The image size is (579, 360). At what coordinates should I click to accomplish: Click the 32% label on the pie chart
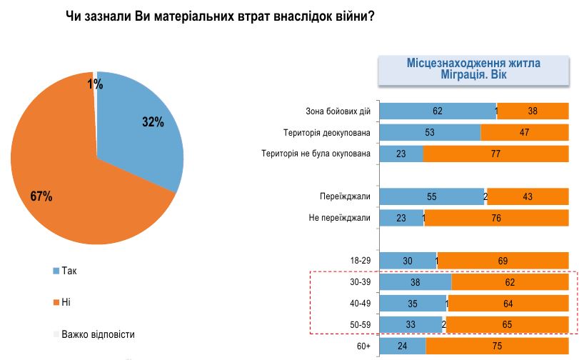click(x=153, y=122)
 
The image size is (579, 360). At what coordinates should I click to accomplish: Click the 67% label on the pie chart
click(x=41, y=196)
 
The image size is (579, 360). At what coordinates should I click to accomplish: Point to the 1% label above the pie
click(x=95, y=84)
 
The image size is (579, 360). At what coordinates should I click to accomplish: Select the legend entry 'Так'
click(x=69, y=271)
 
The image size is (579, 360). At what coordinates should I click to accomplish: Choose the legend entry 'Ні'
click(x=66, y=302)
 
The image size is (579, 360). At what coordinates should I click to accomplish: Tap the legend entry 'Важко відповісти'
click(x=97, y=334)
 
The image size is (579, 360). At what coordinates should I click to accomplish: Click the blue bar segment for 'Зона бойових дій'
click(x=437, y=111)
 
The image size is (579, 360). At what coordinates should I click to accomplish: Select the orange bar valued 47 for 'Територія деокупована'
click(x=524, y=132)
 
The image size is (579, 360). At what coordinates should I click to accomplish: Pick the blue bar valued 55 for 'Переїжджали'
click(x=431, y=196)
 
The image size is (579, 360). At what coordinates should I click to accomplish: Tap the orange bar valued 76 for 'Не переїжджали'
click(x=497, y=218)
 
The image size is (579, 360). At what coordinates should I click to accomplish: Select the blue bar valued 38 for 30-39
click(x=415, y=282)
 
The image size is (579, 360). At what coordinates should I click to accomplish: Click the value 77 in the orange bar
click(x=495, y=154)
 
